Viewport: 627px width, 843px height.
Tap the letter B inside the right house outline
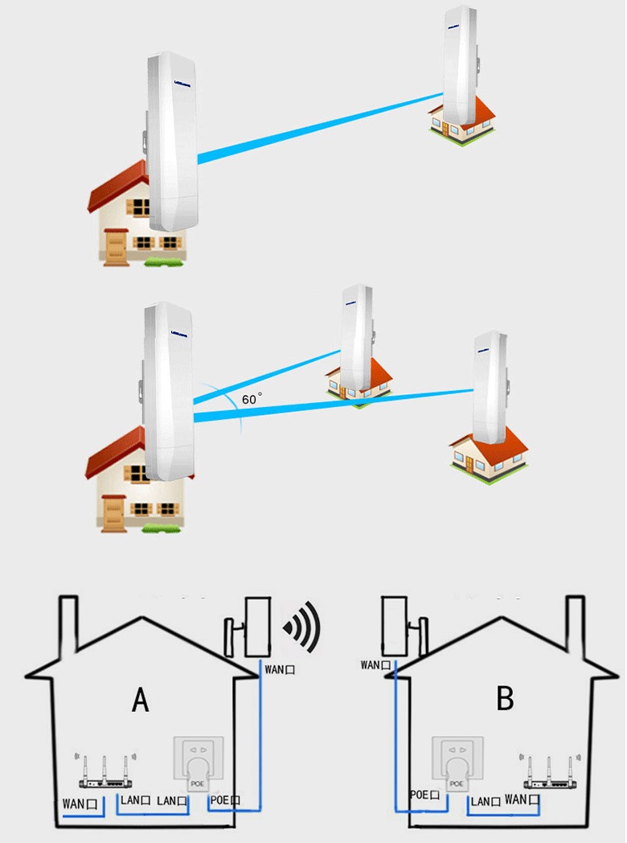pos(505,698)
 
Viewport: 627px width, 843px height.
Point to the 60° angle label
pos(252,398)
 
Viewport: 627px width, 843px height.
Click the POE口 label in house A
pos(223,800)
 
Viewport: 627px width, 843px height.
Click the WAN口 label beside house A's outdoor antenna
pos(278,668)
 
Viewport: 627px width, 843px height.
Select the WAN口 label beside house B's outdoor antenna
pos(375,664)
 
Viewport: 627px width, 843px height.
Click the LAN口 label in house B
pos(486,800)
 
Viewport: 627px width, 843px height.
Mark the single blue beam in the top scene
pos(313,129)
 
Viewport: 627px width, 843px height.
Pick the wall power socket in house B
pos(457,764)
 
